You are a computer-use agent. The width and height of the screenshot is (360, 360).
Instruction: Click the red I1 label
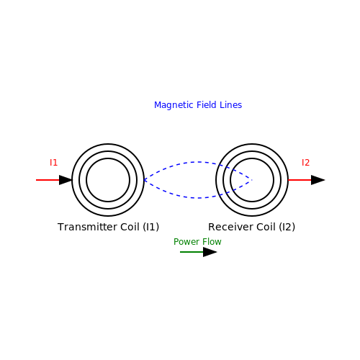point(53,163)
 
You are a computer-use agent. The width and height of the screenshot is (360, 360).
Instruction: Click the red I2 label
point(305,163)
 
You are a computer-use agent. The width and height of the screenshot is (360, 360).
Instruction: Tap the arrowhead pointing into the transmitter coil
point(66,180)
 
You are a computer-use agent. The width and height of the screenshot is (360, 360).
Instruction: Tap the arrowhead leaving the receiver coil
point(318,180)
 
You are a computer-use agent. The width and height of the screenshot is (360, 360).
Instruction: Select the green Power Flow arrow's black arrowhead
point(210,252)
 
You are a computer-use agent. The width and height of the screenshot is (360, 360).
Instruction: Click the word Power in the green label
point(185,242)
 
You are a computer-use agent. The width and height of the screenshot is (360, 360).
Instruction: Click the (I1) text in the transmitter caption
point(151,227)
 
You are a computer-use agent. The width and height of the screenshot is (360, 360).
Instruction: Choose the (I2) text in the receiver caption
point(287,227)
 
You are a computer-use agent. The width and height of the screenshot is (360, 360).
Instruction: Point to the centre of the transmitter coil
point(108,180)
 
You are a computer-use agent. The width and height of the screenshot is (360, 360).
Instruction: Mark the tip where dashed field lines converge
point(252,180)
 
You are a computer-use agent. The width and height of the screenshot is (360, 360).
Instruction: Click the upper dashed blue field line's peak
point(199,162)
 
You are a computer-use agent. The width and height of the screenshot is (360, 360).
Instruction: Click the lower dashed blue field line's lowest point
point(199,198)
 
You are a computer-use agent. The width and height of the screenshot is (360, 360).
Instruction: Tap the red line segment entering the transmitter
point(48,180)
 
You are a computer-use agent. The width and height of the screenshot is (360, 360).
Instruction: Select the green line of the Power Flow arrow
point(192,252)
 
